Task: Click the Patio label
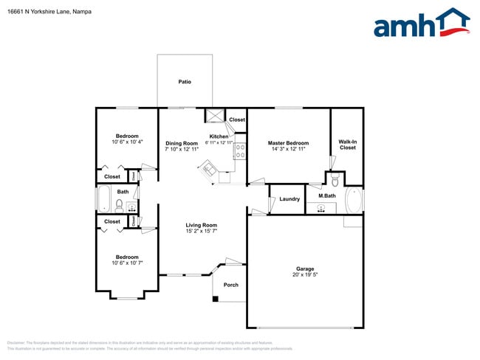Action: tap(185, 82)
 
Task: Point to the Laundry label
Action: tap(289, 198)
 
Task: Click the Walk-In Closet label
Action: tap(347, 145)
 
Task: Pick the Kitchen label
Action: tap(219, 136)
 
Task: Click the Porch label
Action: tap(230, 285)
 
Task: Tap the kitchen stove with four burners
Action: tap(240, 152)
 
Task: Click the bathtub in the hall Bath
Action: tap(103, 199)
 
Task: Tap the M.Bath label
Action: tap(326, 195)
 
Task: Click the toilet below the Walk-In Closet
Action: tap(335, 179)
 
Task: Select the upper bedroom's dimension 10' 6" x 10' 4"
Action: tap(127, 142)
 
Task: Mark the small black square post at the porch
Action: tap(215, 299)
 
